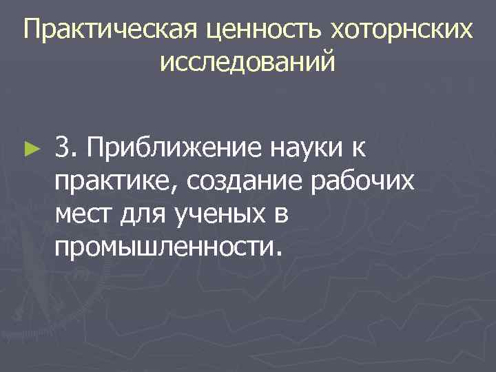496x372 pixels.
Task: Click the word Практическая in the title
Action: point(110,30)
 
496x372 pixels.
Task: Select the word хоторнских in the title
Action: point(403,30)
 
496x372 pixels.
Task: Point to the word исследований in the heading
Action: point(247,63)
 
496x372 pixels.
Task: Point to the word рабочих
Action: point(364,180)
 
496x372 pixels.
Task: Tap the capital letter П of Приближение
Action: point(96,147)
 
